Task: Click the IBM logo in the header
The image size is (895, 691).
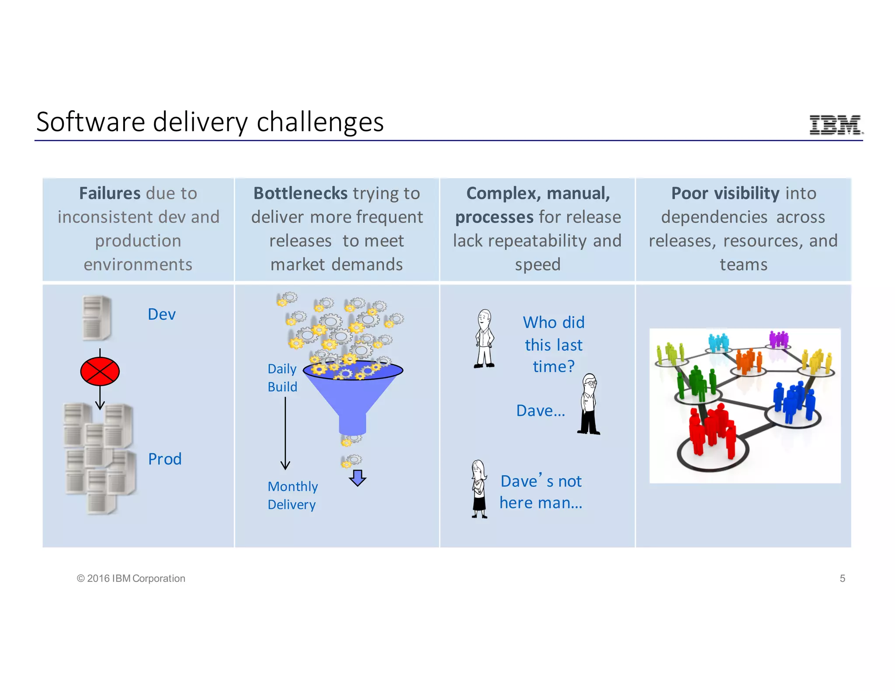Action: click(835, 125)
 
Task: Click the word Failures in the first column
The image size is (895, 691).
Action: click(110, 193)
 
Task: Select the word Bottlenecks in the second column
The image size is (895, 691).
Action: click(300, 193)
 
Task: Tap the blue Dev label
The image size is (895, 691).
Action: click(161, 314)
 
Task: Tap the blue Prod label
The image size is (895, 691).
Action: click(164, 459)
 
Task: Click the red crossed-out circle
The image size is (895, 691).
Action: click(100, 371)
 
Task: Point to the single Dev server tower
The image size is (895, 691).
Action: click(97, 318)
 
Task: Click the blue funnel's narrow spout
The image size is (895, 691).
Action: click(352, 423)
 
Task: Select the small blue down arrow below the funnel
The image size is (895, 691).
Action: click(357, 478)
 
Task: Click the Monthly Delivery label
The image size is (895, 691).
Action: click(292, 495)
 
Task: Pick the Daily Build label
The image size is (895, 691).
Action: click(282, 378)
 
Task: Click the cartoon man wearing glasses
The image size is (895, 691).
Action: click(589, 404)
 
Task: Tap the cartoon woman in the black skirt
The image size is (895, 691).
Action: click(479, 489)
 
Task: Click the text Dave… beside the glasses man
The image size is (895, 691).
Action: click(541, 411)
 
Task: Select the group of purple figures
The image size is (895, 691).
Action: click(778, 339)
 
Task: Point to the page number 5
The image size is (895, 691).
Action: click(843, 578)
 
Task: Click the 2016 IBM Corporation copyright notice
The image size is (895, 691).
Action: click(131, 578)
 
